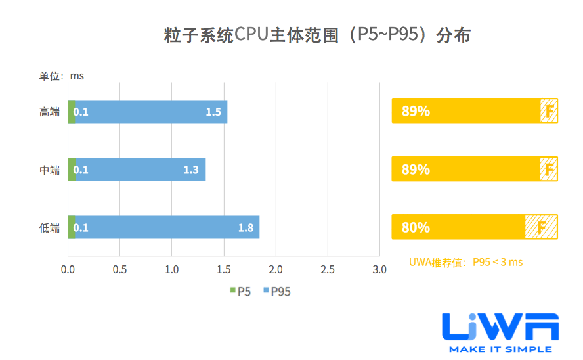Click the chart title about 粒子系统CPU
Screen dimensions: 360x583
(x=317, y=35)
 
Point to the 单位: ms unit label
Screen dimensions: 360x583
(x=61, y=76)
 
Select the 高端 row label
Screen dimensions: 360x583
(x=50, y=112)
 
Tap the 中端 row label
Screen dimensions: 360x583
(x=50, y=170)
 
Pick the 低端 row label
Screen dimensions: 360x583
(x=50, y=228)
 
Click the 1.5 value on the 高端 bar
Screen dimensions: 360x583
(x=213, y=112)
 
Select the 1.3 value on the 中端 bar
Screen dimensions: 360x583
(x=191, y=170)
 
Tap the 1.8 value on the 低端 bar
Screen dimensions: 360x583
(x=246, y=228)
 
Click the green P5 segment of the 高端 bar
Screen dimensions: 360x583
(x=71, y=112)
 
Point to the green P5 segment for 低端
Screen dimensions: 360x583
(x=71, y=228)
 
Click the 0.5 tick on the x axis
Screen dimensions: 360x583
(x=119, y=270)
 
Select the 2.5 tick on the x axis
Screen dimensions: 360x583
(x=328, y=270)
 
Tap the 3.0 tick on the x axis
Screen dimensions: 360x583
(x=379, y=270)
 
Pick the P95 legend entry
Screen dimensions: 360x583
(x=277, y=291)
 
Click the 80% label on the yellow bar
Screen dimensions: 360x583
(x=416, y=227)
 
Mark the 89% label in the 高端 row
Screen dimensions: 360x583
(x=416, y=111)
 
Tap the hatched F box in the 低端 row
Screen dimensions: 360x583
(x=541, y=227)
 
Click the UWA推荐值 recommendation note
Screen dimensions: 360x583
(x=466, y=262)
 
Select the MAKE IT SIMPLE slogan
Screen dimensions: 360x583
(x=500, y=349)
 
